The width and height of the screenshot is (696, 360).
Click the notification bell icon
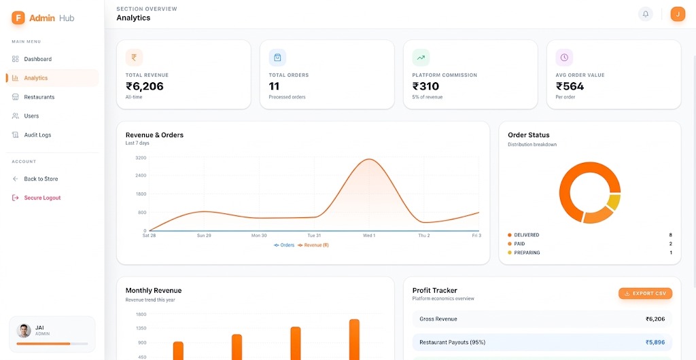tap(646, 14)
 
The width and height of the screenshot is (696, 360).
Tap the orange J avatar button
tap(678, 14)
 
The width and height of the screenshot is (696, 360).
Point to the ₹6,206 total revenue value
tap(145, 86)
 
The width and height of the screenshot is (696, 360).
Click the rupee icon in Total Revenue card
tap(134, 58)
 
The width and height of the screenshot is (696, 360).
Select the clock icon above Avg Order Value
tap(564, 58)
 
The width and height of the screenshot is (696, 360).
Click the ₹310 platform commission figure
tap(425, 86)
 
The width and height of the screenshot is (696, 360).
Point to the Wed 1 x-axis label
tap(369, 236)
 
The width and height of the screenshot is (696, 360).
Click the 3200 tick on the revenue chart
tap(141, 158)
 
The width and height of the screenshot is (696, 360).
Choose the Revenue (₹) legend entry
tap(313, 245)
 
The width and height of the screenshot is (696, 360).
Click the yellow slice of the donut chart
tap(614, 202)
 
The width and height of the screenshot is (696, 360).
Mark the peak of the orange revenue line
tap(369, 159)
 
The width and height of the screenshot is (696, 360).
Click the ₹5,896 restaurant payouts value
tap(655, 342)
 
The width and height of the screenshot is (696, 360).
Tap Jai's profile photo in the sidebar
tap(24, 331)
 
